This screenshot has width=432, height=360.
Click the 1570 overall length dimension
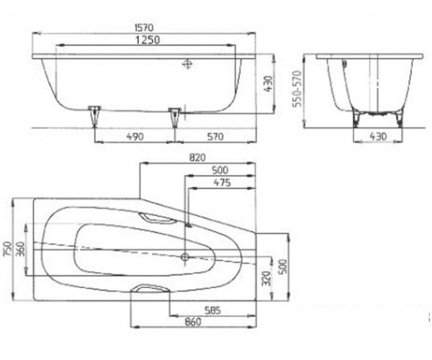click(x=144, y=28)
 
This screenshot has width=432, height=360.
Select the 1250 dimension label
click(x=148, y=40)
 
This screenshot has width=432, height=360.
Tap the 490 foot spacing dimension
click(x=135, y=136)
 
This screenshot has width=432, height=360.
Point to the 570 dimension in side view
click(x=215, y=136)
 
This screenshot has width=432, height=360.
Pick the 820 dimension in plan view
click(x=197, y=158)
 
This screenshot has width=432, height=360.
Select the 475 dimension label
click(x=222, y=182)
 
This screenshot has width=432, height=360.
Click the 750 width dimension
click(x=7, y=248)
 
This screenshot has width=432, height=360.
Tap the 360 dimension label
click(x=20, y=248)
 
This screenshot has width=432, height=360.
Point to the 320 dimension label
click(x=266, y=278)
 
